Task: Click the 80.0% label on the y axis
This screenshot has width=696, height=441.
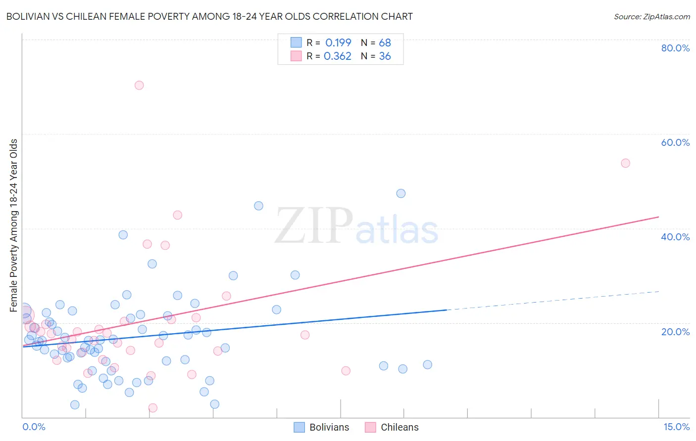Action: click(x=675, y=48)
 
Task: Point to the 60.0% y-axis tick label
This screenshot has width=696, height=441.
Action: click(x=675, y=142)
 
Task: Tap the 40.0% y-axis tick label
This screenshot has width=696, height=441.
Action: click(x=675, y=237)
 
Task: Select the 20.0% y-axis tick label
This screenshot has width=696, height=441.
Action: click(x=675, y=331)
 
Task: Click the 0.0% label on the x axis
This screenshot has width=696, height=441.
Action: click(x=34, y=427)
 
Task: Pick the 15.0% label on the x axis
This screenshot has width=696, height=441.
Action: click(x=676, y=427)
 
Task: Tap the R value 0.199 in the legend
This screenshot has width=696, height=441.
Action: click(x=338, y=43)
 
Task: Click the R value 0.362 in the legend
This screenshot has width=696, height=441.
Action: click(x=338, y=56)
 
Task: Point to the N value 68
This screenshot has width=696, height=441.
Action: click(x=385, y=43)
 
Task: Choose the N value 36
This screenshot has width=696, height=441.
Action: click(x=385, y=56)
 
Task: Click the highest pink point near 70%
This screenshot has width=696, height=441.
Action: click(x=139, y=85)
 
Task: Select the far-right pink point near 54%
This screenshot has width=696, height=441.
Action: click(x=625, y=163)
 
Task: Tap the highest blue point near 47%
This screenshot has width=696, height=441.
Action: click(x=401, y=193)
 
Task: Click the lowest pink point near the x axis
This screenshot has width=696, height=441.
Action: click(x=153, y=408)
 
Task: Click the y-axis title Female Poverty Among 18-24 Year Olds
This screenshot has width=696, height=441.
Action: click(x=14, y=225)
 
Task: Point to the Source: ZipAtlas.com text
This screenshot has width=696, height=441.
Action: click(x=651, y=17)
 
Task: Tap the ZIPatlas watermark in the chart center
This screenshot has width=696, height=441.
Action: click(x=356, y=226)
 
